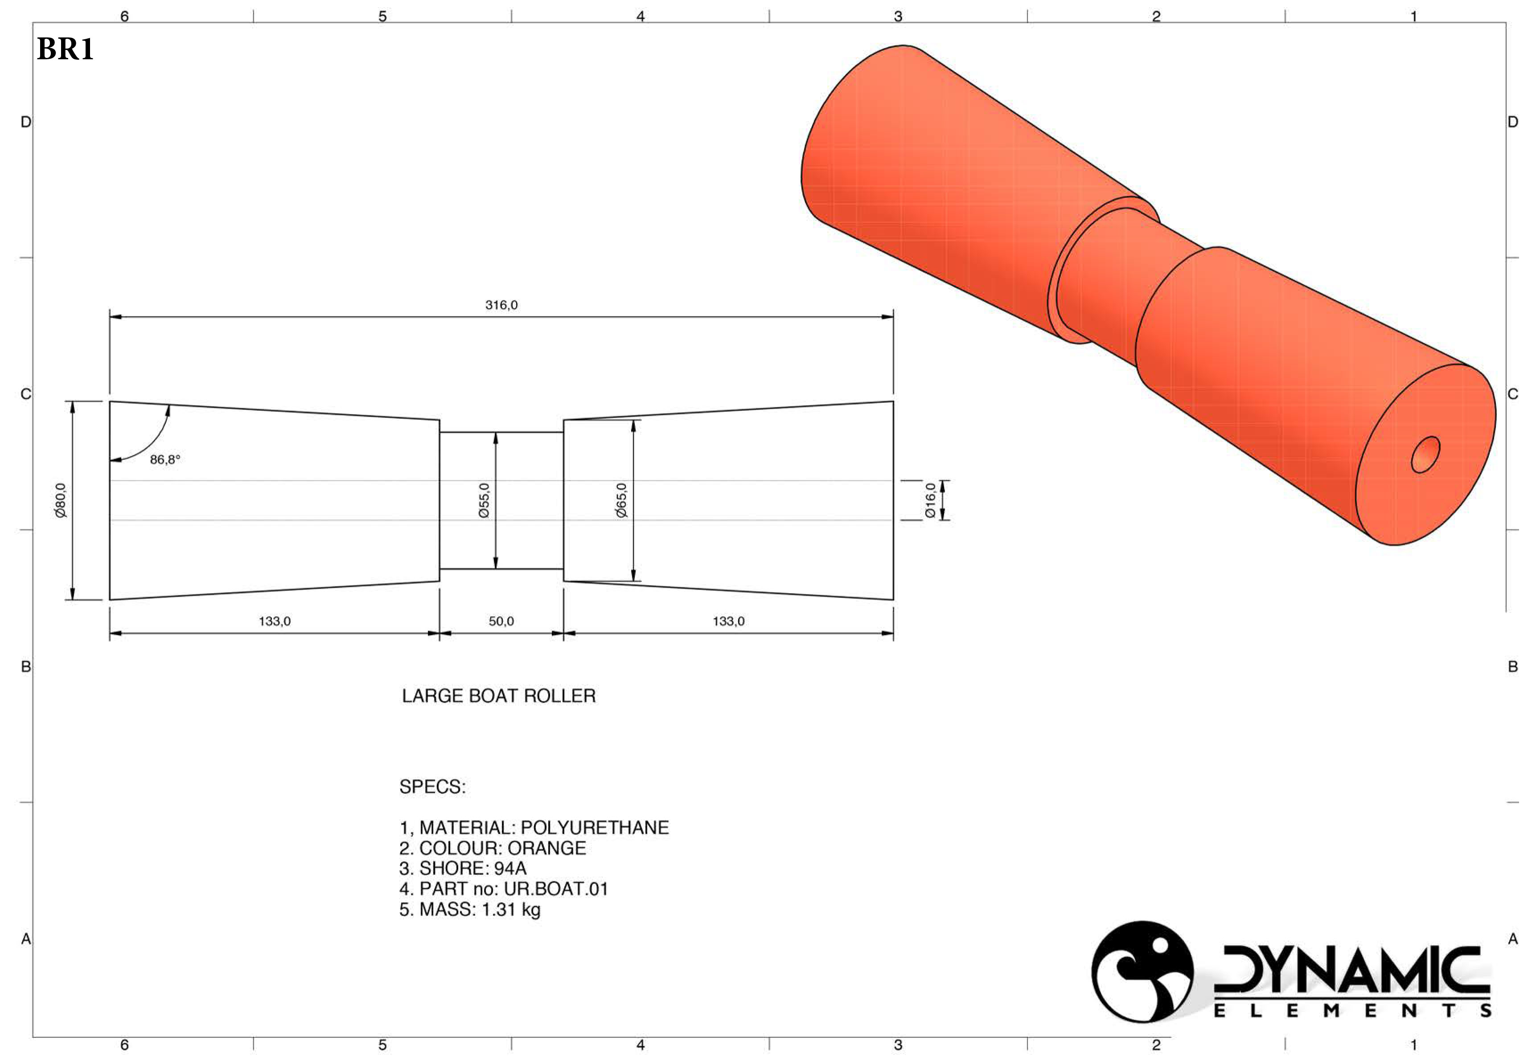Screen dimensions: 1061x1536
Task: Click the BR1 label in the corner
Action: [x=65, y=49]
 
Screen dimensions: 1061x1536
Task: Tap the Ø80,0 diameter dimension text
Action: [x=61, y=500]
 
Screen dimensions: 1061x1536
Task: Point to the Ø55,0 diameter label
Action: [x=484, y=500]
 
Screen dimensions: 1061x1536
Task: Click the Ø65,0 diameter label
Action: [x=621, y=500]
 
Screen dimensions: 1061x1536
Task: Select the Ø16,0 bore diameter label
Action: [x=930, y=500]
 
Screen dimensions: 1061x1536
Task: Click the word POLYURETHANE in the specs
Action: [x=595, y=827]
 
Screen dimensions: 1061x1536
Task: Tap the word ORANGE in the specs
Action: [x=546, y=848]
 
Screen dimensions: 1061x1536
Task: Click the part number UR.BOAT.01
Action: [x=556, y=889]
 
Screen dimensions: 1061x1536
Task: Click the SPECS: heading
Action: [x=432, y=787]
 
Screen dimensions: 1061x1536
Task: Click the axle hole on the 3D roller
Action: [x=1425, y=455]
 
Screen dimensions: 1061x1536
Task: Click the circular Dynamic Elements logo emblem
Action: [x=1142, y=971]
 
